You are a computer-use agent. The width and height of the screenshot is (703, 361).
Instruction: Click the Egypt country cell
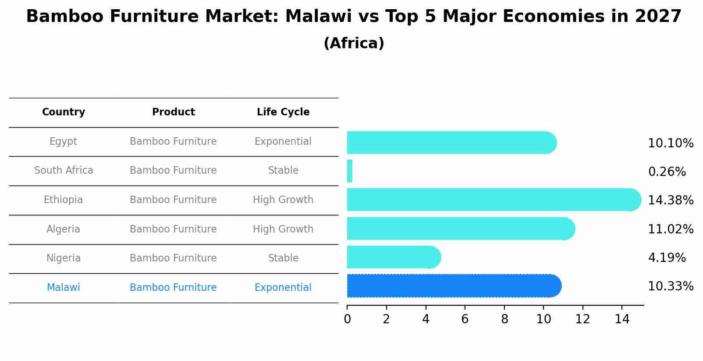click(x=63, y=141)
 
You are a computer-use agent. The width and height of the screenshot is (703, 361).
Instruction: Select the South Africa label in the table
click(x=64, y=170)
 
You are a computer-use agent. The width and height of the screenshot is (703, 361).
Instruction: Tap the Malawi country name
click(x=64, y=287)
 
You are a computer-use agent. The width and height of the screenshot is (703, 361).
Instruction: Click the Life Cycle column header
click(x=283, y=112)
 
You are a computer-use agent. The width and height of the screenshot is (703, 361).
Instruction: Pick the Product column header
click(x=173, y=112)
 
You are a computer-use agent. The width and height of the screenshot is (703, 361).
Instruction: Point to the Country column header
click(x=64, y=112)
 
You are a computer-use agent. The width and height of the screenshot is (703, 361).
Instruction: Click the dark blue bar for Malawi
click(x=454, y=286)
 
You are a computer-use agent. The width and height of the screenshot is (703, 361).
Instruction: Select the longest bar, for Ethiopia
click(x=494, y=200)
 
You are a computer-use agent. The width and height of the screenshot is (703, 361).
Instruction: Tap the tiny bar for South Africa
click(x=350, y=171)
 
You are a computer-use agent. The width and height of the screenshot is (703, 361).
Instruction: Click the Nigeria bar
click(x=394, y=257)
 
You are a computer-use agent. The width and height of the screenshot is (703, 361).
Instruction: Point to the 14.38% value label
click(x=671, y=200)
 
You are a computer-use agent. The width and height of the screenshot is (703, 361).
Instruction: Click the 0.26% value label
click(x=667, y=172)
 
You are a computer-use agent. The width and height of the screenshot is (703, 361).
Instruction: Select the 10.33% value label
click(x=671, y=286)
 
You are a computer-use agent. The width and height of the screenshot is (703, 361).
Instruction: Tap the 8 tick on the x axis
click(x=504, y=319)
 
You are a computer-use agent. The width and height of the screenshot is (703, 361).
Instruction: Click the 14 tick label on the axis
click(x=622, y=319)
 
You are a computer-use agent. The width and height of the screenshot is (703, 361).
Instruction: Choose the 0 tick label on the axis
click(x=347, y=319)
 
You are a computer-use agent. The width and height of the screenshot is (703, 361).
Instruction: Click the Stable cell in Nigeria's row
click(x=283, y=258)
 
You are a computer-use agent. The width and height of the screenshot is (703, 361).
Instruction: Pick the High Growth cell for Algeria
click(x=283, y=229)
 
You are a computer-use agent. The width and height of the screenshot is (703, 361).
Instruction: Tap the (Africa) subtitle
click(x=354, y=43)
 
